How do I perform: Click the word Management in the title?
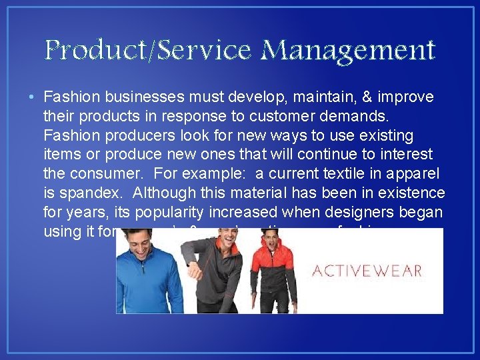click(349, 51)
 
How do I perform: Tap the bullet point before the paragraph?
click(32, 98)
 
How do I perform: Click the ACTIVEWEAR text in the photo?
click(367, 271)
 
